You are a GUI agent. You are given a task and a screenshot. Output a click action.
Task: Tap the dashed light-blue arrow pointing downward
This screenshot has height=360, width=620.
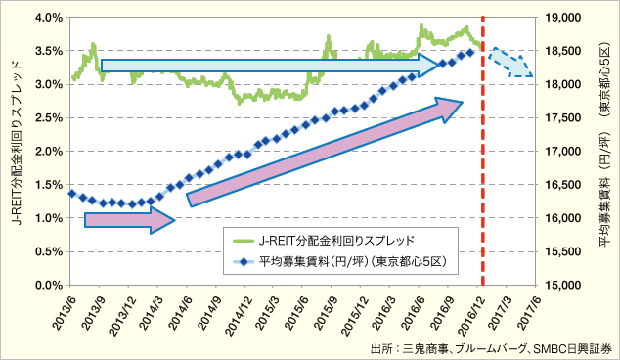[x=510, y=62]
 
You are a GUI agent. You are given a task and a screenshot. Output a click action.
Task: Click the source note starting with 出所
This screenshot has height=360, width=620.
[x=491, y=347]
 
